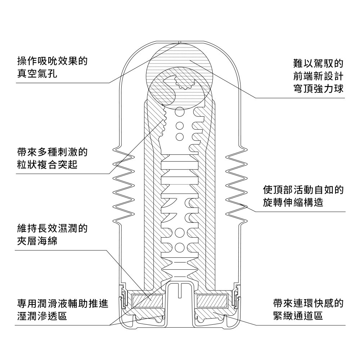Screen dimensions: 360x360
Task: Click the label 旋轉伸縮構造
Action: [x=293, y=203]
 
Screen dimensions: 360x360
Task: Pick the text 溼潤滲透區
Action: [x=42, y=316]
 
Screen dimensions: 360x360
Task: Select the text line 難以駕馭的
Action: [x=318, y=64]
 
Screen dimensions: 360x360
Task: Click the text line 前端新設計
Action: [x=318, y=76]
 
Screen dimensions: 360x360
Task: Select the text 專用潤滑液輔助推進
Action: [x=62, y=303]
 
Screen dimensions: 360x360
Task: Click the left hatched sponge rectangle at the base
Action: [x=148, y=300]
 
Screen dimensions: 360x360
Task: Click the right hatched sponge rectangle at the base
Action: [x=212, y=300]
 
